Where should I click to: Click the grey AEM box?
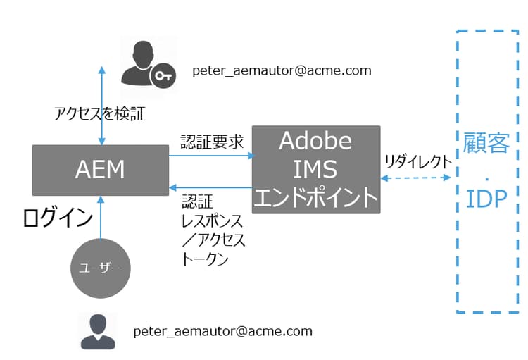pyautogui.click(x=100, y=170)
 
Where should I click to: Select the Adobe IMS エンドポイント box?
pyautogui.click(x=316, y=170)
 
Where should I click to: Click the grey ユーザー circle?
pyautogui.click(x=102, y=268)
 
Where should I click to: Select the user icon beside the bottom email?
pyautogui.click(x=98, y=331)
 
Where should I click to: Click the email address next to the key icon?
pyautogui.click(x=282, y=71)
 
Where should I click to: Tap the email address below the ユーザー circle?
pyautogui.click(x=222, y=331)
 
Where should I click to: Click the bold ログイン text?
pyautogui.click(x=58, y=218)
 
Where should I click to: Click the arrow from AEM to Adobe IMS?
pyautogui.click(x=211, y=155)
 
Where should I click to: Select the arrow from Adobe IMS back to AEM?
pyautogui.click(x=211, y=187)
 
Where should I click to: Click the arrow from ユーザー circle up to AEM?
pyautogui.click(x=102, y=218)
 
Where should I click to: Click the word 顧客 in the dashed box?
pyautogui.click(x=486, y=143)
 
